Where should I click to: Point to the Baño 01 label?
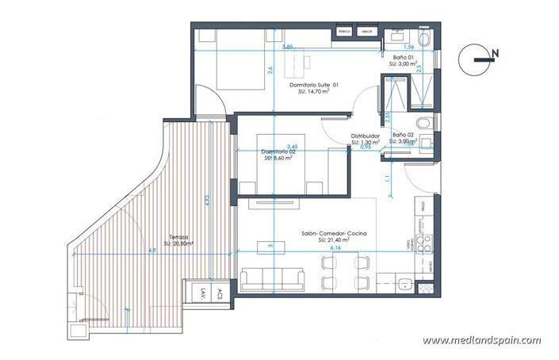pos(404,59)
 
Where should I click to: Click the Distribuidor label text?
pos(366,136)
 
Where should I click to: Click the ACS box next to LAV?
pos(220,294)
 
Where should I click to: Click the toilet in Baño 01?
pos(424,39)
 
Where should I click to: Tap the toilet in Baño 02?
pos(424,123)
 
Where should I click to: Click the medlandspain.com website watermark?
pos(482,340)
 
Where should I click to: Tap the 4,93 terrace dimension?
pos(208,202)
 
